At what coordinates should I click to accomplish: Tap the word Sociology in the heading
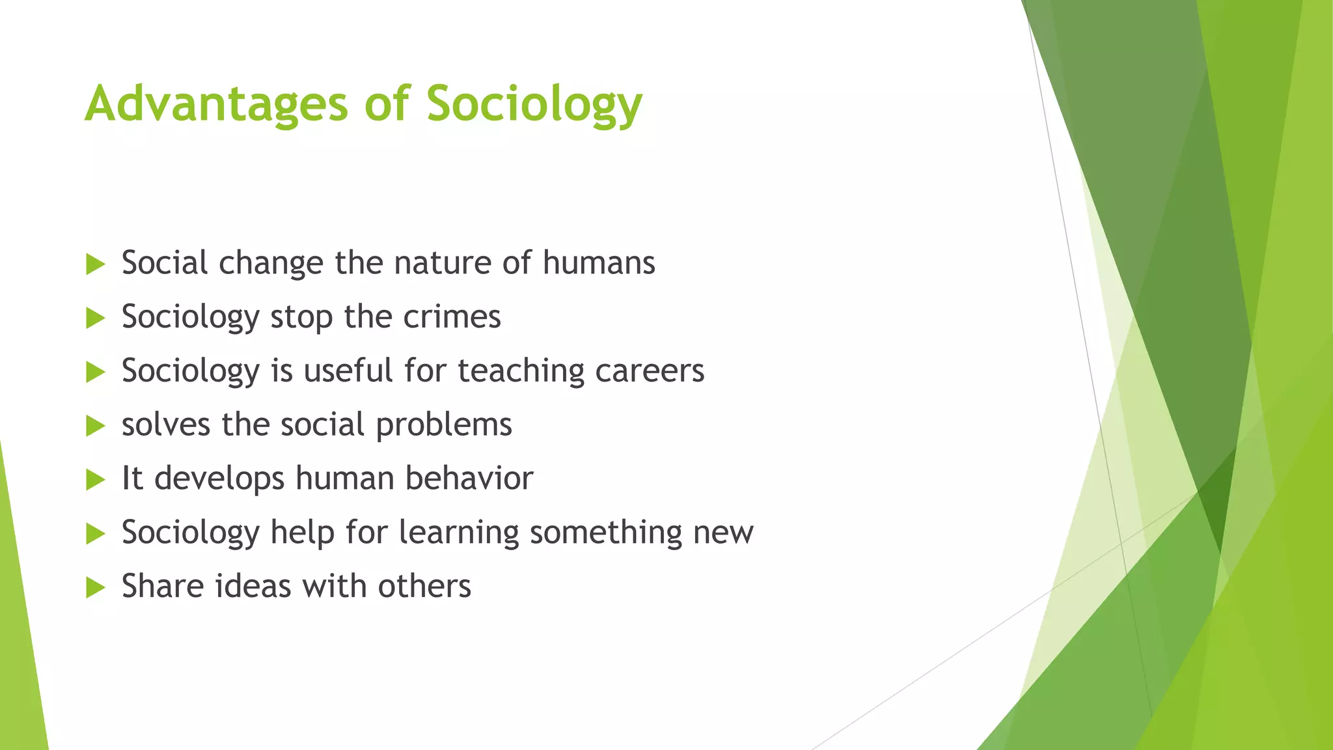[534, 104]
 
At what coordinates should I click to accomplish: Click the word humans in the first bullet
[599, 263]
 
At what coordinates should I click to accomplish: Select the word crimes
[452, 317]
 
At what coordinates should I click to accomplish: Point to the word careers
[650, 371]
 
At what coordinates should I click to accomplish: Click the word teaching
[521, 371]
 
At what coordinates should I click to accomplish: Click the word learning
[458, 533]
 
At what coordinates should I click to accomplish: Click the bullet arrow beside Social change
[95, 264]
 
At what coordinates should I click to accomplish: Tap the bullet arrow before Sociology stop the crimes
[95, 318]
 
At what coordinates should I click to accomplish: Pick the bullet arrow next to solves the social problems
[95, 426]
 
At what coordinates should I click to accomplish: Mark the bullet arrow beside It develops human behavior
[95, 480]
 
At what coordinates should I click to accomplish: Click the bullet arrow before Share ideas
[95, 588]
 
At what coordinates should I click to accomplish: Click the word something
[605, 533]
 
